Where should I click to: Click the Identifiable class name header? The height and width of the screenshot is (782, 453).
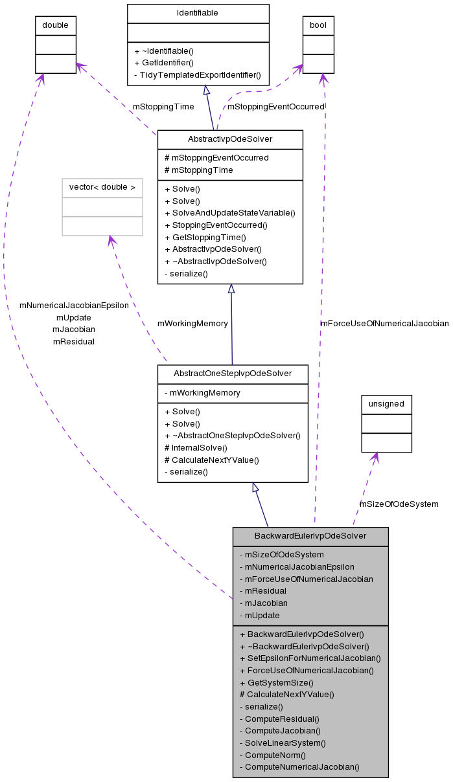click(198, 13)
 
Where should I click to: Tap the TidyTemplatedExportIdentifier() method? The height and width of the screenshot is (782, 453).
click(197, 75)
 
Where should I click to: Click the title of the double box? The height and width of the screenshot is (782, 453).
click(55, 25)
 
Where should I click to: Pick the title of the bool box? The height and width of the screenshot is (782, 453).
click(318, 25)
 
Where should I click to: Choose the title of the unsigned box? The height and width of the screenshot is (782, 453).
click(386, 404)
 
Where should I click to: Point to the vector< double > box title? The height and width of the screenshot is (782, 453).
click(102, 188)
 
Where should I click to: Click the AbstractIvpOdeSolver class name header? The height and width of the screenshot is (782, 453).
click(230, 139)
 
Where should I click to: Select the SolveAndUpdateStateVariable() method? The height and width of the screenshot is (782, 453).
click(230, 213)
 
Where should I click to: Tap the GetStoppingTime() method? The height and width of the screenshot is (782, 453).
click(205, 238)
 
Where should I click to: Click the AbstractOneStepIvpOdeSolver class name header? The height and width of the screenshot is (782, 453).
click(233, 374)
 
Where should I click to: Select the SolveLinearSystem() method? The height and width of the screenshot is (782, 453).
click(283, 743)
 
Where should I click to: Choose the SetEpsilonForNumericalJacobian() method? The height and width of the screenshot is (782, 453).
click(310, 658)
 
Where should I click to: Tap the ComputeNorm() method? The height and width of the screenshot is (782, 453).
click(272, 755)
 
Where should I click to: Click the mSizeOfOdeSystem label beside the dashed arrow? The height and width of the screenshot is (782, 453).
click(399, 504)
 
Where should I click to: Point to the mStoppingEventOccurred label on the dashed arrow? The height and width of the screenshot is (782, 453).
click(275, 106)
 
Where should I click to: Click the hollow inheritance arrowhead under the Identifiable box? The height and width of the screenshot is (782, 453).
click(205, 90)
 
